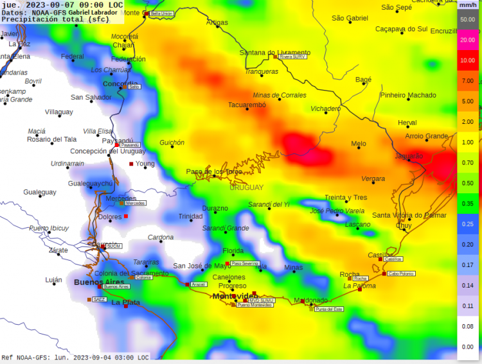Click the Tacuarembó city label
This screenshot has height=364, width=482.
point(247,105)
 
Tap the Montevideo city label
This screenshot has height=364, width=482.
point(234,296)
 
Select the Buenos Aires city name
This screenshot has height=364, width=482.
point(98,282)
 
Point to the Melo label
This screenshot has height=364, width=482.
point(359,144)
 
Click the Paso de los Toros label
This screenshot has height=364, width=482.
point(214,171)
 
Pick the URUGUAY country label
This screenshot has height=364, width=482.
point(246,187)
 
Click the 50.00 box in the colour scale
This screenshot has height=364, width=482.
point(467,19)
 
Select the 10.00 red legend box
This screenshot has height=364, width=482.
point(467,60)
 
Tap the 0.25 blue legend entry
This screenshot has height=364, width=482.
point(467,223)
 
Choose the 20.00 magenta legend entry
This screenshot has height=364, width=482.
point(467,40)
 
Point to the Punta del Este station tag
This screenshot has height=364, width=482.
point(330,309)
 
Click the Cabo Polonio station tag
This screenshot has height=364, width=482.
point(402,273)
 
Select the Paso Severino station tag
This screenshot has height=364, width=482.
point(245,263)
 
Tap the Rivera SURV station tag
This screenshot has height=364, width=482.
point(292,56)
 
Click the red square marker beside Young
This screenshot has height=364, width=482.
point(132,164)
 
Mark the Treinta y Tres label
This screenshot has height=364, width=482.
point(346,198)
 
